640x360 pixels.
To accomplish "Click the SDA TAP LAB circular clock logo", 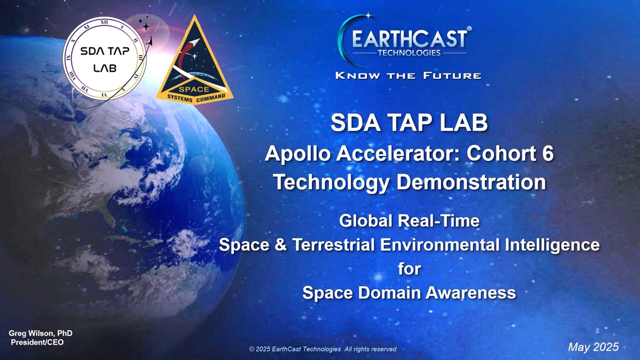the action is click(104, 59).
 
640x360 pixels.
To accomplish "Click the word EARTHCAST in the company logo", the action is click(410, 39).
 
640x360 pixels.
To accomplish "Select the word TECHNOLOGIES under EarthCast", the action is click(409, 53).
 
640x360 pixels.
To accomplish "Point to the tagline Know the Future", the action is click(408, 76).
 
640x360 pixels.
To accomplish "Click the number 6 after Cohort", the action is click(548, 153).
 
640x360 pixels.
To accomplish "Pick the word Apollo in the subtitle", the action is click(298, 154).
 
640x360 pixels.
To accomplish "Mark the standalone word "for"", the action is click(409, 269).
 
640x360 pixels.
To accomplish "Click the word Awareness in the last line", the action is click(471, 293).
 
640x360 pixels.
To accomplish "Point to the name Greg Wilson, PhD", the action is click(40, 333).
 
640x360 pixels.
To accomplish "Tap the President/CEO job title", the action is click(37, 342).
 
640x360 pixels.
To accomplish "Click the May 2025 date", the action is click(593, 347).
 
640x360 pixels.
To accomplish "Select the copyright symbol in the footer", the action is click(252, 349).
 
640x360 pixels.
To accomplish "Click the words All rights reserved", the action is click(370, 349).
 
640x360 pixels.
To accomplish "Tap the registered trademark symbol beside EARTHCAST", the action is click(469, 29).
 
